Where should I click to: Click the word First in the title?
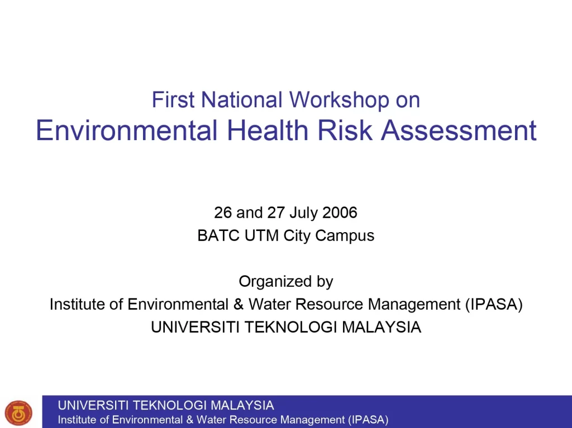173,99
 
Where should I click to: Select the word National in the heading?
241,99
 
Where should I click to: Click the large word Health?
268,130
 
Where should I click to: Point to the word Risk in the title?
345,130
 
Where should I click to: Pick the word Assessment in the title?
459,130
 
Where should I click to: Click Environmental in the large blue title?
127,130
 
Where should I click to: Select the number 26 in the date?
223,213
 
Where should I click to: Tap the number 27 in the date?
276,213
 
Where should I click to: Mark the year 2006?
340,213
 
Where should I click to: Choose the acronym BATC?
218,235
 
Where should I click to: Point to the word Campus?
345,236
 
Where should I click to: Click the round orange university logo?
18,413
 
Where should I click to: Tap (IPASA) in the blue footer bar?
368,420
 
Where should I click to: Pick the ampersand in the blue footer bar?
190,420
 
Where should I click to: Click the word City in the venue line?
297,236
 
